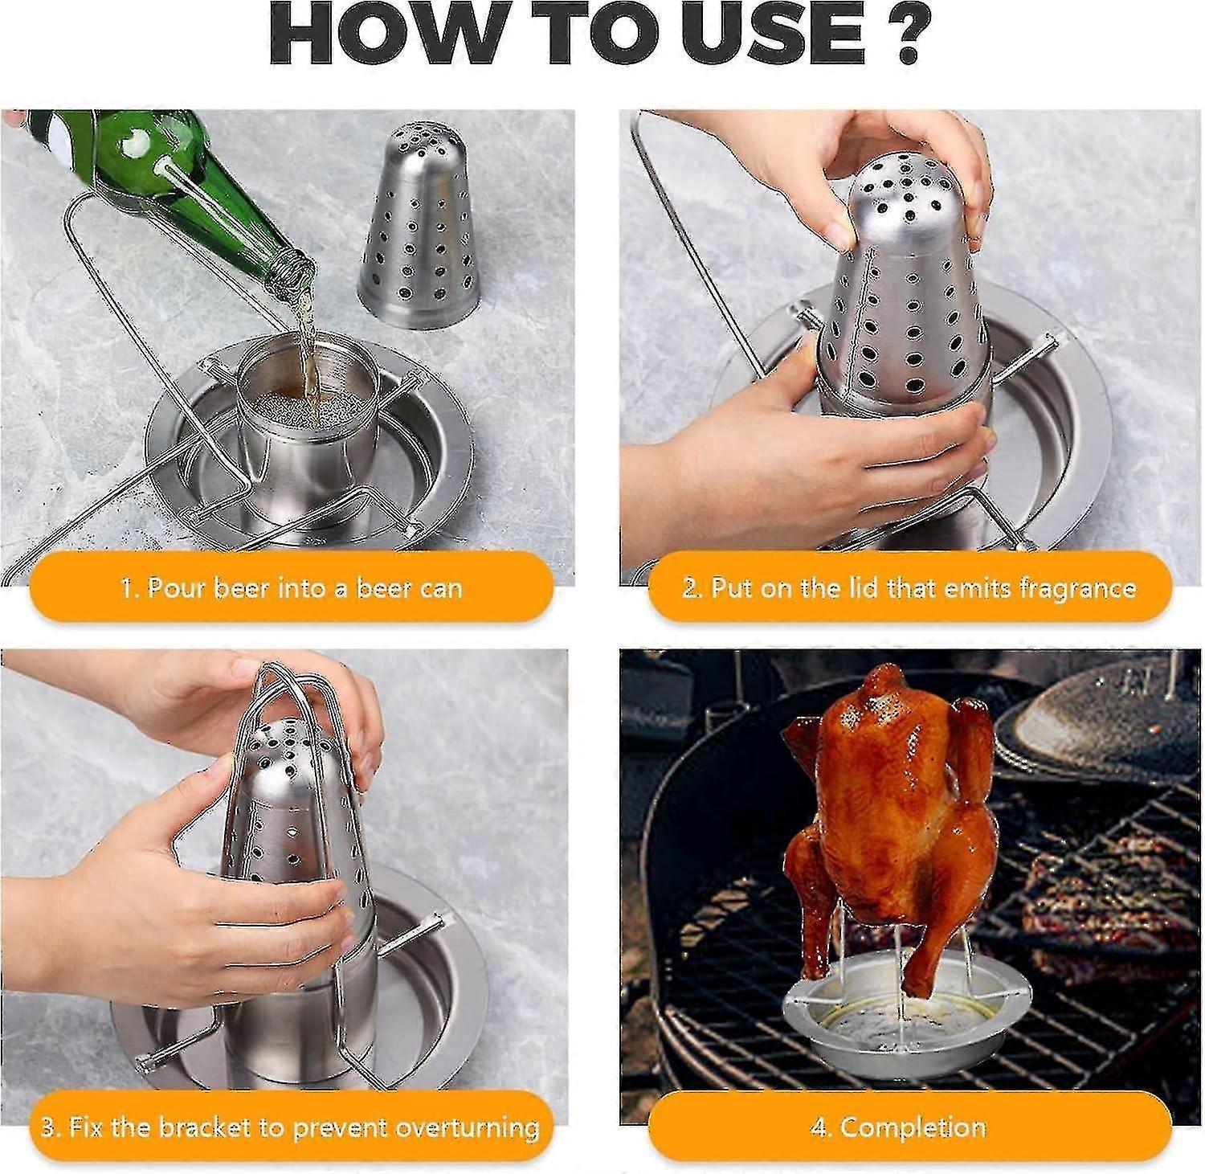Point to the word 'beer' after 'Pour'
pyautogui.click(x=240, y=588)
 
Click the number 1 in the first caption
pyautogui.click(x=126, y=588)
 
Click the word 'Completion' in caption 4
pyautogui.click(x=913, y=1127)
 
